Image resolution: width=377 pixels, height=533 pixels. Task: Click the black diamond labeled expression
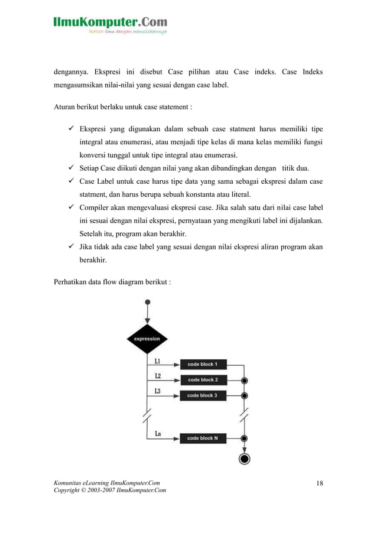[147, 339]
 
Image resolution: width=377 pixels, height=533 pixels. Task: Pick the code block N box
[202, 438]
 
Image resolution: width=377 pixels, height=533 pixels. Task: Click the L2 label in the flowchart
[158, 376]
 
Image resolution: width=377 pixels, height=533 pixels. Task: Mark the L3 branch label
[158, 391]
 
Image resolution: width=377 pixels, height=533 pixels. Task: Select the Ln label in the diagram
[158, 434]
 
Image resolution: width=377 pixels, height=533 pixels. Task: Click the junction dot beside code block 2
[244, 381]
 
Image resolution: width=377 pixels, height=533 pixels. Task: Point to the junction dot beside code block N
[244, 438]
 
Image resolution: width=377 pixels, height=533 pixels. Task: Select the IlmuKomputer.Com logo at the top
[110, 24]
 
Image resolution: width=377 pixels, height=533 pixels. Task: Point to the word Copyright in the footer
[67, 492]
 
